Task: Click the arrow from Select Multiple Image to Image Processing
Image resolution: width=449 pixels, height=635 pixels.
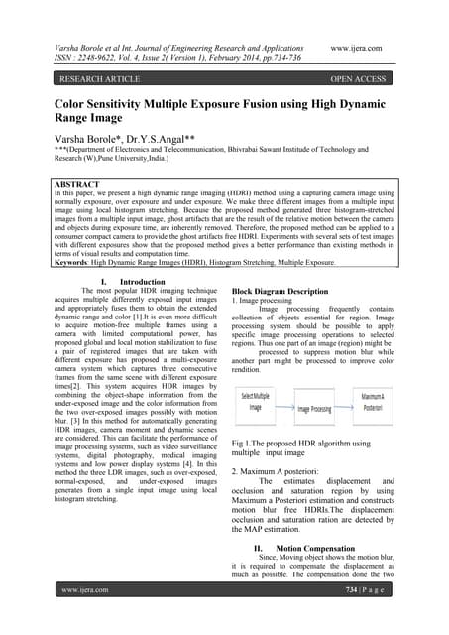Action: [285, 406]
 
